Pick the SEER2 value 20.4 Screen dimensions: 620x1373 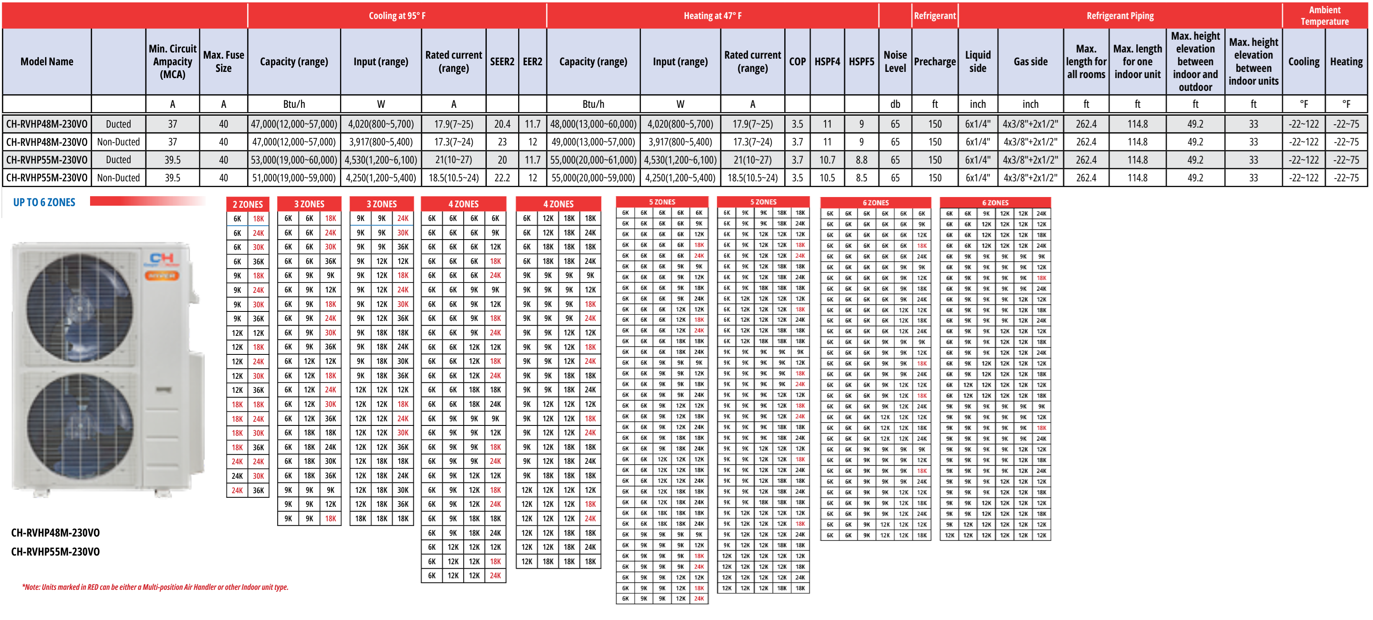502,124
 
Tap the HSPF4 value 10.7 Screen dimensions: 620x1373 827,160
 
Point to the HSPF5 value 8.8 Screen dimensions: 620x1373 861,160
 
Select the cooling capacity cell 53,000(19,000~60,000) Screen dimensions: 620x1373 294,160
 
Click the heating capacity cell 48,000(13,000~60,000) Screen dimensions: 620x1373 593,124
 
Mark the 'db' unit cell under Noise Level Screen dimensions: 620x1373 895,104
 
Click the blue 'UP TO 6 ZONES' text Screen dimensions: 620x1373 44,202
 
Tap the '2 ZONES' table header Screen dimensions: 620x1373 248,204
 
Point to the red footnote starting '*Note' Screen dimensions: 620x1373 155,587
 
